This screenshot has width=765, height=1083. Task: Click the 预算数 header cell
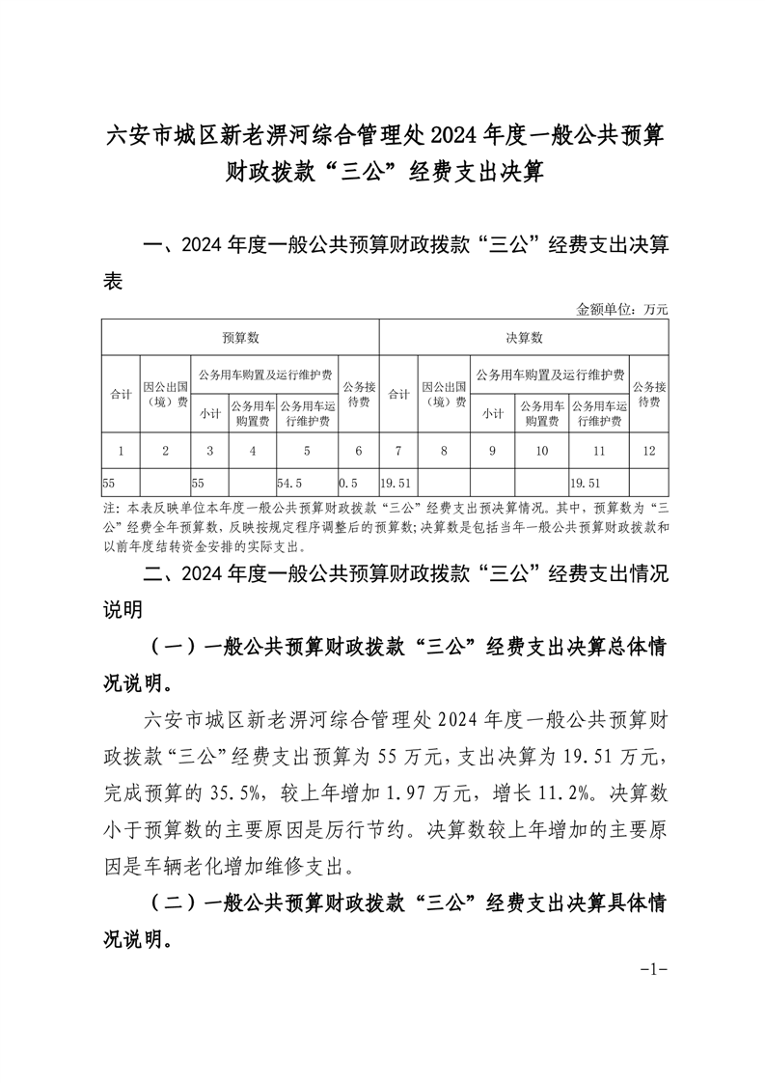(240, 338)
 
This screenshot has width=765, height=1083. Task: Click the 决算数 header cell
(524, 338)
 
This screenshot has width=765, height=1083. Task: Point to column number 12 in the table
(647, 449)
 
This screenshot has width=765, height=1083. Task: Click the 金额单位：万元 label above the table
(622, 310)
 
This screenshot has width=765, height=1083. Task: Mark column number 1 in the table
(121, 449)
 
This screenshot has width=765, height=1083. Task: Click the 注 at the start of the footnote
(107, 508)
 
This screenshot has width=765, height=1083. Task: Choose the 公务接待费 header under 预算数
(357, 394)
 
